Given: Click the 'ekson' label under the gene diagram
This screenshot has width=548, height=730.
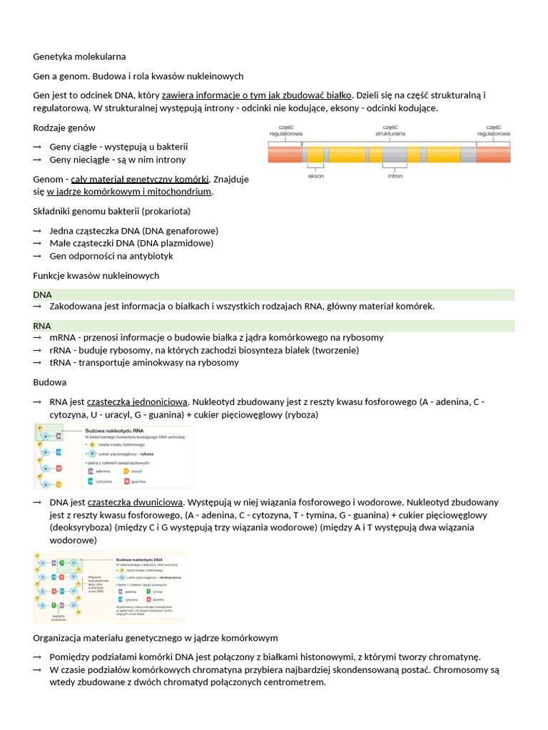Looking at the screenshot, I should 315,175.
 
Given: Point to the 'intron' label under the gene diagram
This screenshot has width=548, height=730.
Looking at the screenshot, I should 395,175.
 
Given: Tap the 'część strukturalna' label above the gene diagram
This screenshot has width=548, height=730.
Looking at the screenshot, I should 390,130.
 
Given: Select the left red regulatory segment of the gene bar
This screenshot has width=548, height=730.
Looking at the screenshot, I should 285,153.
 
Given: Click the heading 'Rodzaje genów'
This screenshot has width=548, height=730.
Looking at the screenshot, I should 64,128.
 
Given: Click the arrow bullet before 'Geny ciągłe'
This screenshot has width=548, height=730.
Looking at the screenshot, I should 37,147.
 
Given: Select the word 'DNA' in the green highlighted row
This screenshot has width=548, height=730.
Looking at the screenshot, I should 43,294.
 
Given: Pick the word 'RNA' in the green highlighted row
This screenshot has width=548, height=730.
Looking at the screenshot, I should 43,326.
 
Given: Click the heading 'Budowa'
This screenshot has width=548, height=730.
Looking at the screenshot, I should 50,382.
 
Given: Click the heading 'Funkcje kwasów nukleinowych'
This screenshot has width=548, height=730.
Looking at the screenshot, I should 96,275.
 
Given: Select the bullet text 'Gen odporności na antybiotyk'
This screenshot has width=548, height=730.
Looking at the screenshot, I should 111,256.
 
